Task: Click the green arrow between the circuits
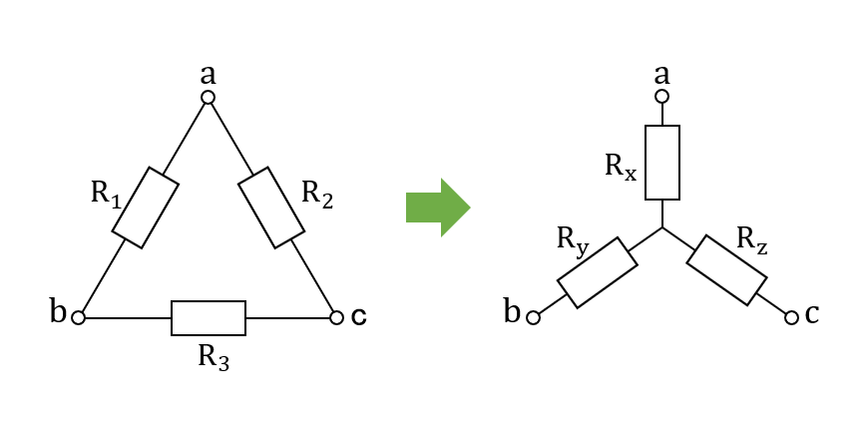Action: point(438,208)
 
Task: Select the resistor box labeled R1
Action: point(146,208)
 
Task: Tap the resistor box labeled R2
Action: point(271,208)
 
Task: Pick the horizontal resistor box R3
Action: point(209,318)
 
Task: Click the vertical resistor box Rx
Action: point(662,163)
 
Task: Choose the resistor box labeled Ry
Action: point(598,272)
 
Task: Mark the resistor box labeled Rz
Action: point(726,270)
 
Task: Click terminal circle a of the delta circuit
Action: point(208,98)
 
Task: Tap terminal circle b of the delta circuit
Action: point(79,318)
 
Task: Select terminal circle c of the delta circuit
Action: point(337,317)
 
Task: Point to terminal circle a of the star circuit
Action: point(661,97)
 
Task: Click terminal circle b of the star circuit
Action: point(533,318)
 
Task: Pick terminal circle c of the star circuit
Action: point(791,317)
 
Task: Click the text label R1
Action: point(106,195)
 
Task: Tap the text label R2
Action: point(317,195)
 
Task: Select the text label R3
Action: point(214,358)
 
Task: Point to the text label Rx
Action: point(621,168)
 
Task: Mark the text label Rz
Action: point(752,241)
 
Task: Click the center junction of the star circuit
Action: point(662,227)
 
